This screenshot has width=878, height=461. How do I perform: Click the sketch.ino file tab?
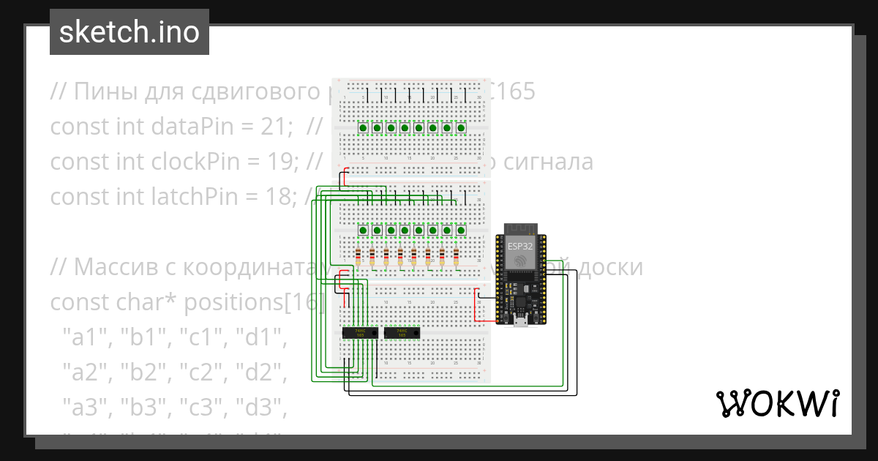pos(130,32)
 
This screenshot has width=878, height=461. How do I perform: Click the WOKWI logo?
pos(777,403)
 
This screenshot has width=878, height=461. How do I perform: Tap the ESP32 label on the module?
pos(520,247)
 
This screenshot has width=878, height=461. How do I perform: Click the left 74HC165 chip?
pos(360,332)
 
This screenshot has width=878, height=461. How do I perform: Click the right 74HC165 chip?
pos(401,332)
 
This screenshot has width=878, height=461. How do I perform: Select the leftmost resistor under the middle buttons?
pos(358,256)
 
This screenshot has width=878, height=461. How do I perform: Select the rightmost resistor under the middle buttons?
pos(456,256)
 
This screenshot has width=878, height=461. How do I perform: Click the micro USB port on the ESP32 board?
pos(520,321)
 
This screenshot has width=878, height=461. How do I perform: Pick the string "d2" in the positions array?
pos(263,372)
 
